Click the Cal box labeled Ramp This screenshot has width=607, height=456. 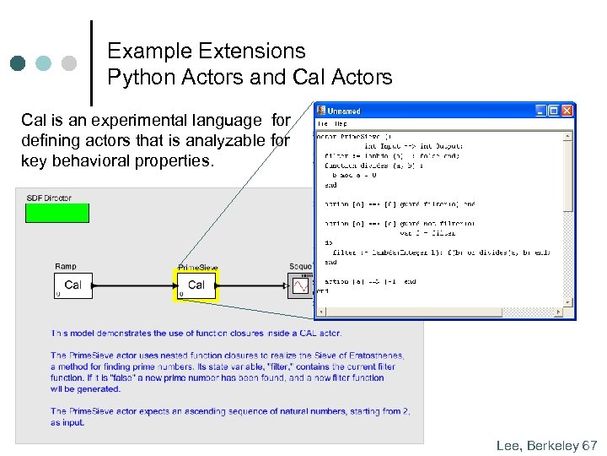[73, 285]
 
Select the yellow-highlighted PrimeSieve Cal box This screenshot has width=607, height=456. [196, 285]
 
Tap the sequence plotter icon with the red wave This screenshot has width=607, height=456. [299, 286]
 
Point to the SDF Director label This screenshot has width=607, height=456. [49, 198]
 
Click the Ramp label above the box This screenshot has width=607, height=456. [65, 267]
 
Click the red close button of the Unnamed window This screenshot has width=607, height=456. [567, 111]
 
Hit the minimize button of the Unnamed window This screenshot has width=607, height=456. [542, 111]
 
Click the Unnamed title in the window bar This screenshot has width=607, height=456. [344, 111]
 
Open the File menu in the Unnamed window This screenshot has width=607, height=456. [322, 123]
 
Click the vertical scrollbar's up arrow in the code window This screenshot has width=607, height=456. [569, 134]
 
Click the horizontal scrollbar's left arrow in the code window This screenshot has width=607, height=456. [320, 312]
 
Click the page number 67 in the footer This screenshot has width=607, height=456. [589, 445]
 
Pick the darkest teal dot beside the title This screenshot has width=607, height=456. [18, 63]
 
